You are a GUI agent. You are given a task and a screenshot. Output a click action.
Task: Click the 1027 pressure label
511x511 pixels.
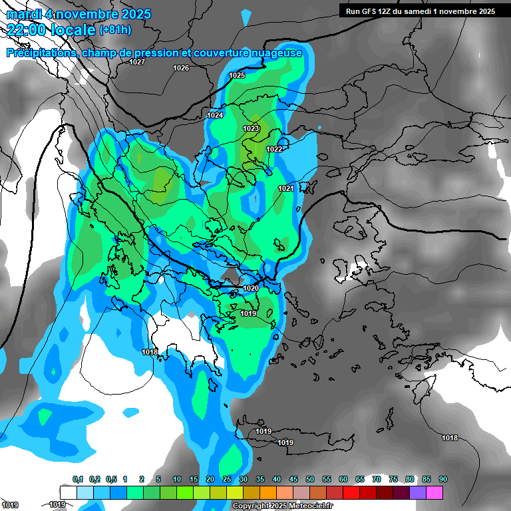pos(137,62)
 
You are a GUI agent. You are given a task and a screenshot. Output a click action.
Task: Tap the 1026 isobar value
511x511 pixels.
pos(180,69)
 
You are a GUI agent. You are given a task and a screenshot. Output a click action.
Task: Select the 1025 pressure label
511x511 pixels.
pos(237,75)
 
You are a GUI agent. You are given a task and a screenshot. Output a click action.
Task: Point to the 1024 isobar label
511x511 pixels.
pos(215,115)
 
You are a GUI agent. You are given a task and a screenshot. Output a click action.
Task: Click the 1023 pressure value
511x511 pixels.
pos(251,128)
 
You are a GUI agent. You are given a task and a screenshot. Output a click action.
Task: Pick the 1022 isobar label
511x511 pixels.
pos(274,149)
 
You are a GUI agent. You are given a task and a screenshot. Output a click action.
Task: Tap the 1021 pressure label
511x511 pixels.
pos(286,188)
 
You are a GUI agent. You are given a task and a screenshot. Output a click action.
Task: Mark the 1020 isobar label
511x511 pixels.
pos(251,288)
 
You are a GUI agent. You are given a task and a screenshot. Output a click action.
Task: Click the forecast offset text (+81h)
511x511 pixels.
pos(115,29)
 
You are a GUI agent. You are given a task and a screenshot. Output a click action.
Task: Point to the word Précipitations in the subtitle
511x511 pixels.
pos(40,53)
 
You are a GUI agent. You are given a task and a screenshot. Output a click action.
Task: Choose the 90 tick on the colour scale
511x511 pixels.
pos(443,479)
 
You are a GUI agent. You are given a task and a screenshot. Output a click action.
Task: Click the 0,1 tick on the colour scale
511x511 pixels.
pos(77,479)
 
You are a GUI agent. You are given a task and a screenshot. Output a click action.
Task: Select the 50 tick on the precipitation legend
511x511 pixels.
pos(310,479)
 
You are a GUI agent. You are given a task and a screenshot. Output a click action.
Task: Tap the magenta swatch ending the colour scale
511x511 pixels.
pos(434,492)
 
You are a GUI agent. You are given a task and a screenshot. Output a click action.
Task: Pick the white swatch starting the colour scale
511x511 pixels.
pos(68,492)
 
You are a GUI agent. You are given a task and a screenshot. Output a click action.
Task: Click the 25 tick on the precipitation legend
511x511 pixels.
pos(227,479)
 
